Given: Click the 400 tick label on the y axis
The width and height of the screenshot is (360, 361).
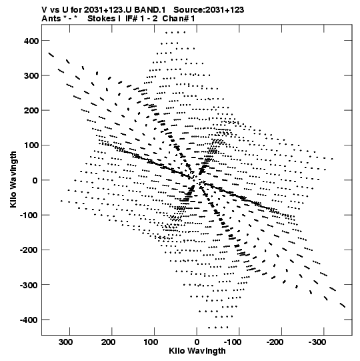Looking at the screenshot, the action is click(31, 41).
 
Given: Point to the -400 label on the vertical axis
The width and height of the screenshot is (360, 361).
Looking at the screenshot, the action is click(29, 320).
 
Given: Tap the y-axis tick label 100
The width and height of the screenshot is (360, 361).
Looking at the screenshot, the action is click(31, 145).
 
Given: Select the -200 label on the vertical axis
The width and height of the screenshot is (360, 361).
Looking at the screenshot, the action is click(29, 250).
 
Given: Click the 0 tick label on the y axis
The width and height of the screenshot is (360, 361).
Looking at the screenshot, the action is click(35, 180).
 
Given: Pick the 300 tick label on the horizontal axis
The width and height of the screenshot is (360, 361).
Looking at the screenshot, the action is click(66, 342).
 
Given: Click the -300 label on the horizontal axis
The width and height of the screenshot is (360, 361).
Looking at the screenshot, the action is click(317, 342).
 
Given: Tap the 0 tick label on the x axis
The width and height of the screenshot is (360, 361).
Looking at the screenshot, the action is click(197, 342).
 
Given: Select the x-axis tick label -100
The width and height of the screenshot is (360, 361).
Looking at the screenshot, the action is click(232, 342).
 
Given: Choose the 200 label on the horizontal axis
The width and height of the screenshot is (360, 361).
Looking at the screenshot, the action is click(109, 342).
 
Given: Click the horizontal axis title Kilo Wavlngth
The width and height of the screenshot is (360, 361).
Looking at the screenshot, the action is click(197, 351).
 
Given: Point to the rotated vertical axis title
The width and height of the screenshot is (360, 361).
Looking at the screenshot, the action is click(13, 179).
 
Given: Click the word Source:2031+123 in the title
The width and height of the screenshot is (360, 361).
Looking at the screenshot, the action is click(209, 10).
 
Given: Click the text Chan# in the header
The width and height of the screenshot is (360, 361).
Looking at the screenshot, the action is click(175, 19).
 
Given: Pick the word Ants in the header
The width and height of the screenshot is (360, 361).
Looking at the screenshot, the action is click(51, 19).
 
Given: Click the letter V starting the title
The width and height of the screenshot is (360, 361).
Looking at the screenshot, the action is click(44, 10).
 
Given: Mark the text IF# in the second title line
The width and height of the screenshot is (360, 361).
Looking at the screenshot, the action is click(131, 19).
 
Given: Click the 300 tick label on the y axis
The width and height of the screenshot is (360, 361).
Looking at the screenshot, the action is click(31, 76).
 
